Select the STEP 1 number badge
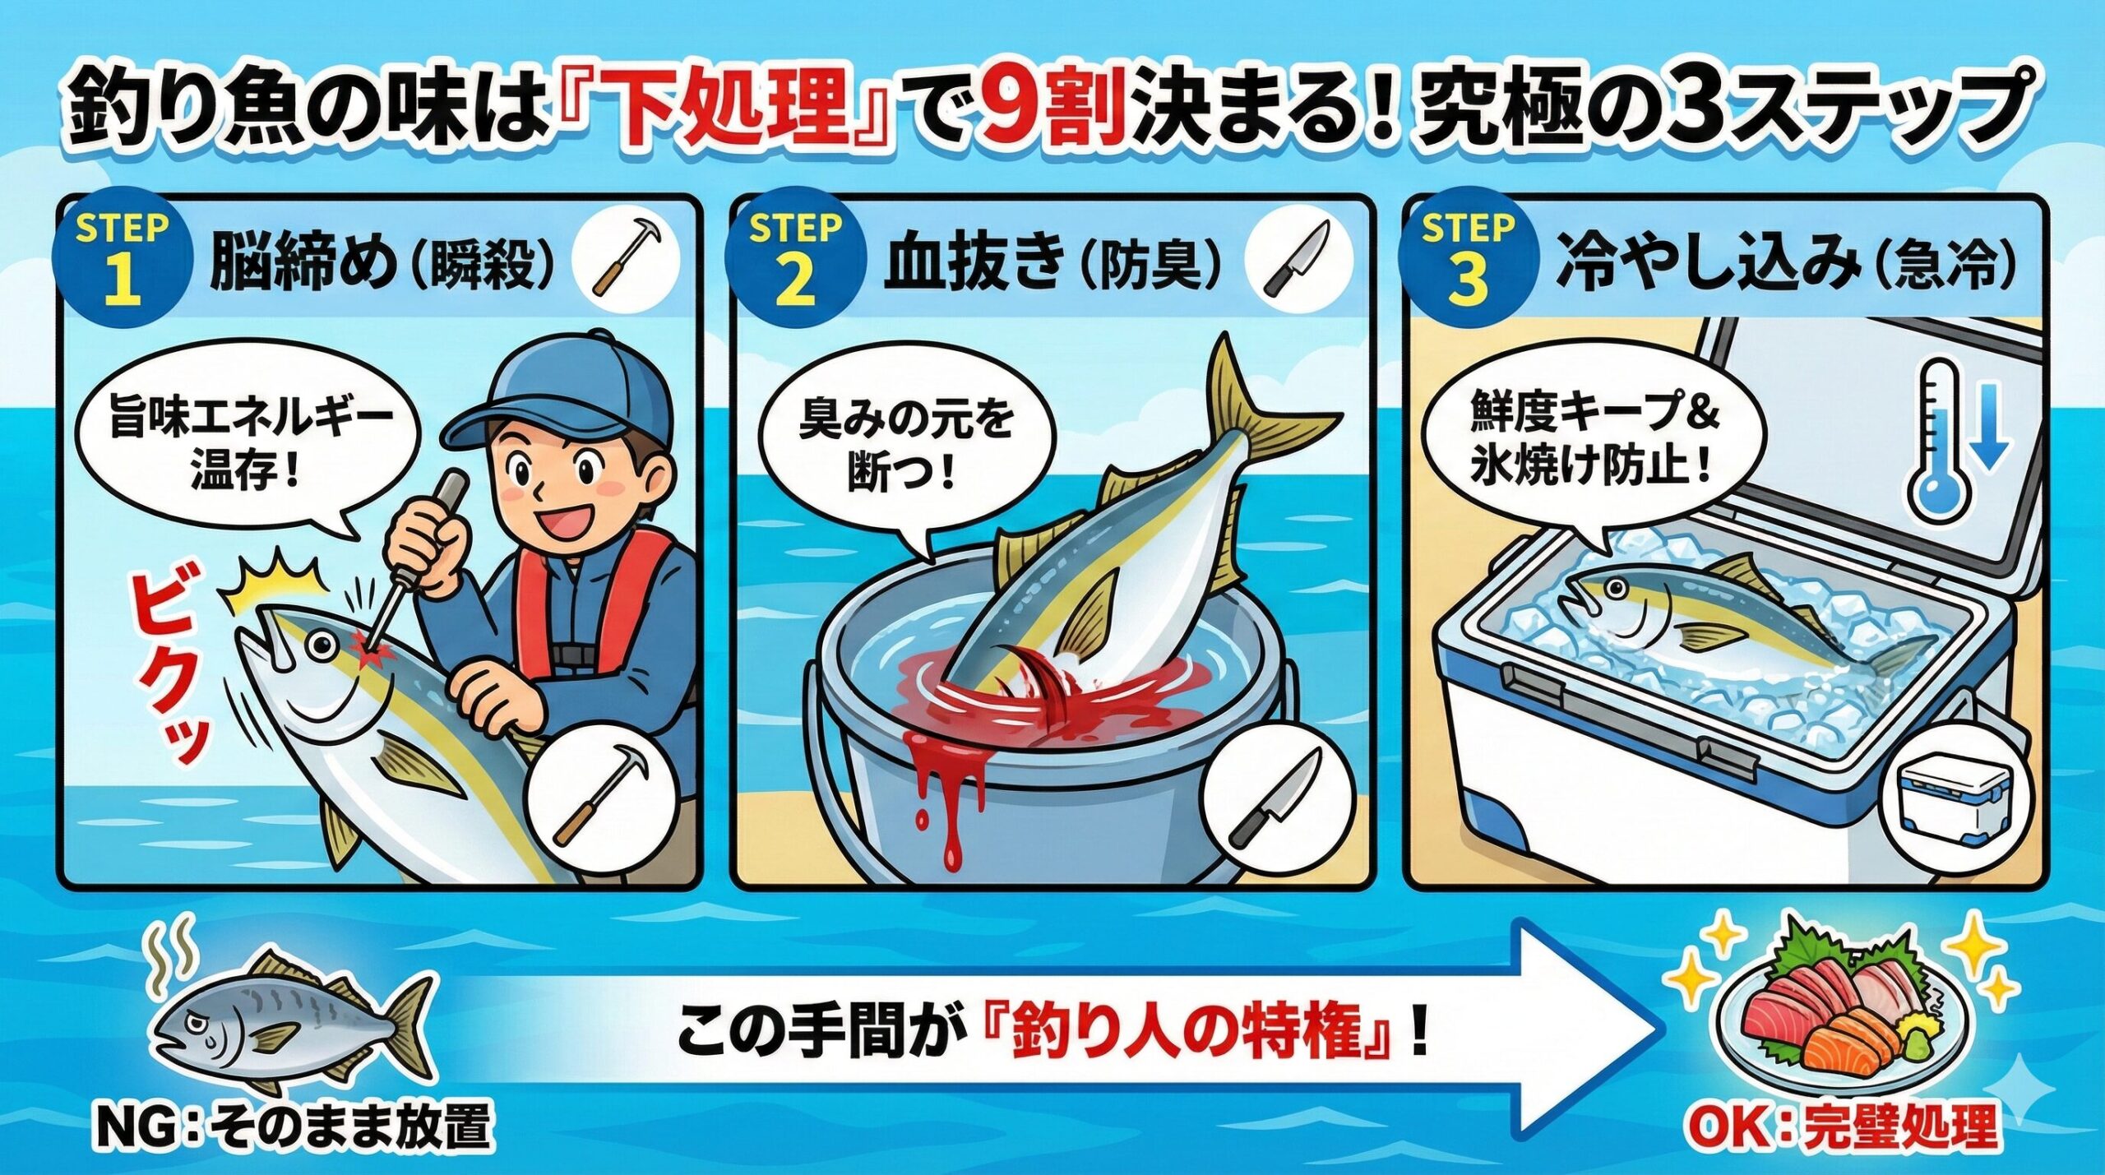pos(122,261)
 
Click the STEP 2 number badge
pos(794,261)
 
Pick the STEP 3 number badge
pos(1467,261)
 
